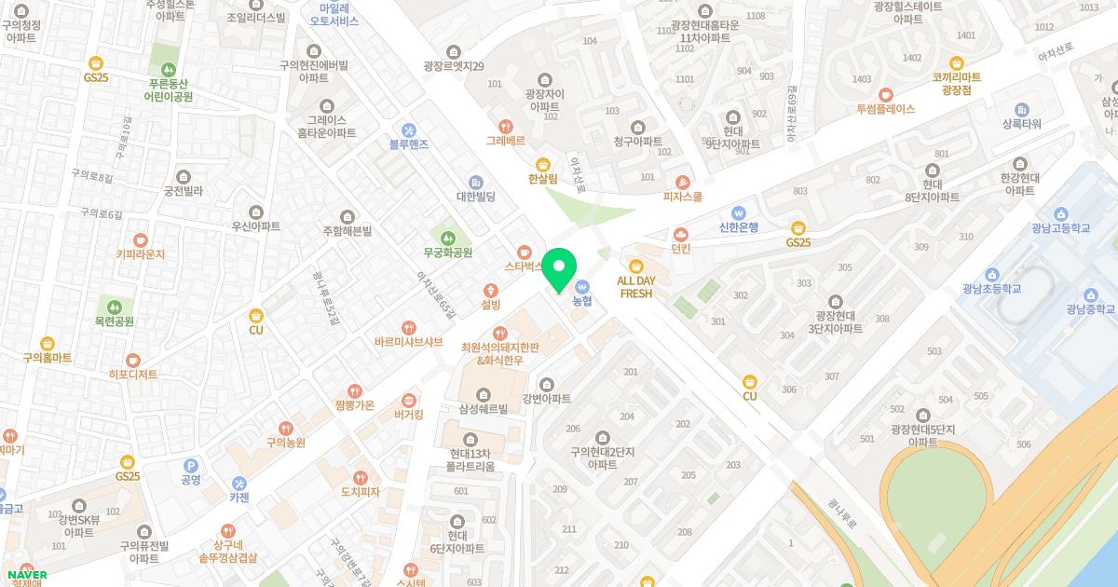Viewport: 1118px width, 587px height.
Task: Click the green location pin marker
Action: (x=559, y=269)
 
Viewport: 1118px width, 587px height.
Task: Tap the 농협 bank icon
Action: (x=583, y=286)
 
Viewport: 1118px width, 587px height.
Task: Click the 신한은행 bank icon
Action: (x=739, y=212)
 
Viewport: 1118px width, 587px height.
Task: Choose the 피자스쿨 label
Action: (x=683, y=197)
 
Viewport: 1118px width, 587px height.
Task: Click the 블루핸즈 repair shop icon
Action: (x=409, y=130)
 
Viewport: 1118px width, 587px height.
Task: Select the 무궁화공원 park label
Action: (x=448, y=253)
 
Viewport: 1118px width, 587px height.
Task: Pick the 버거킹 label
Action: (x=409, y=415)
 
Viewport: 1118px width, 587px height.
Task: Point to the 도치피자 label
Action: (x=360, y=491)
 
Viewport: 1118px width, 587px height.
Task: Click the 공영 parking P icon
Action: (x=191, y=465)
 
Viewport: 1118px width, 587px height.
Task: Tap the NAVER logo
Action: (x=25, y=575)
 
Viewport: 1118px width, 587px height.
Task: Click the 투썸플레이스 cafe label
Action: (x=886, y=109)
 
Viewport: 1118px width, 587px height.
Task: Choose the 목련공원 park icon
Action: (x=115, y=306)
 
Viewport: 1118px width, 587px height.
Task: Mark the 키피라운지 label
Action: (x=140, y=253)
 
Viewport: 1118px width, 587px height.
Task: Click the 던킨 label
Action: (x=681, y=249)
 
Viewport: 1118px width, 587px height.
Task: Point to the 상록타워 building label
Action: (x=1021, y=124)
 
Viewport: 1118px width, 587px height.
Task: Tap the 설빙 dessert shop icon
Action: (x=491, y=290)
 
